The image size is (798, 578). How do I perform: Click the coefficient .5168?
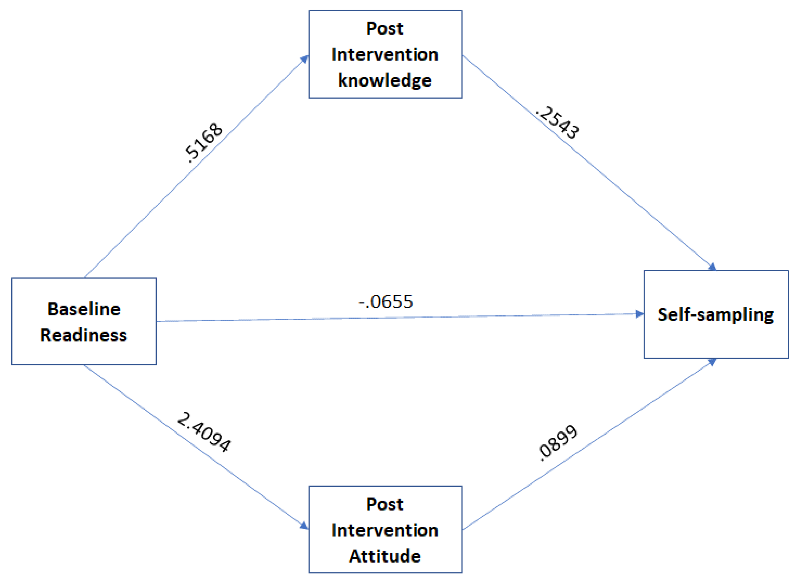tap(203, 142)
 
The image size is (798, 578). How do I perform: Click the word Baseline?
tap(84, 309)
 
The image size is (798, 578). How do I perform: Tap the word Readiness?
tap(83, 335)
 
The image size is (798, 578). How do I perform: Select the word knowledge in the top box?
tap(385, 80)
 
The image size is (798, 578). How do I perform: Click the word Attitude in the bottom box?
tap(385, 556)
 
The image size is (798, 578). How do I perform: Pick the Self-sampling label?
tap(715, 314)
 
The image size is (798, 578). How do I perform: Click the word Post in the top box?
tap(385, 28)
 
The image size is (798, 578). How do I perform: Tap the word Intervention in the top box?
tap(385, 55)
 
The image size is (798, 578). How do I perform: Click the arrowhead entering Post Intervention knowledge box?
tap(304, 59)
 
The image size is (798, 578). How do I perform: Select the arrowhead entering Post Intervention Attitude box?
tap(304, 526)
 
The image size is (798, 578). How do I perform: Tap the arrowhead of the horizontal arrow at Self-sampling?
tap(639, 314)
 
